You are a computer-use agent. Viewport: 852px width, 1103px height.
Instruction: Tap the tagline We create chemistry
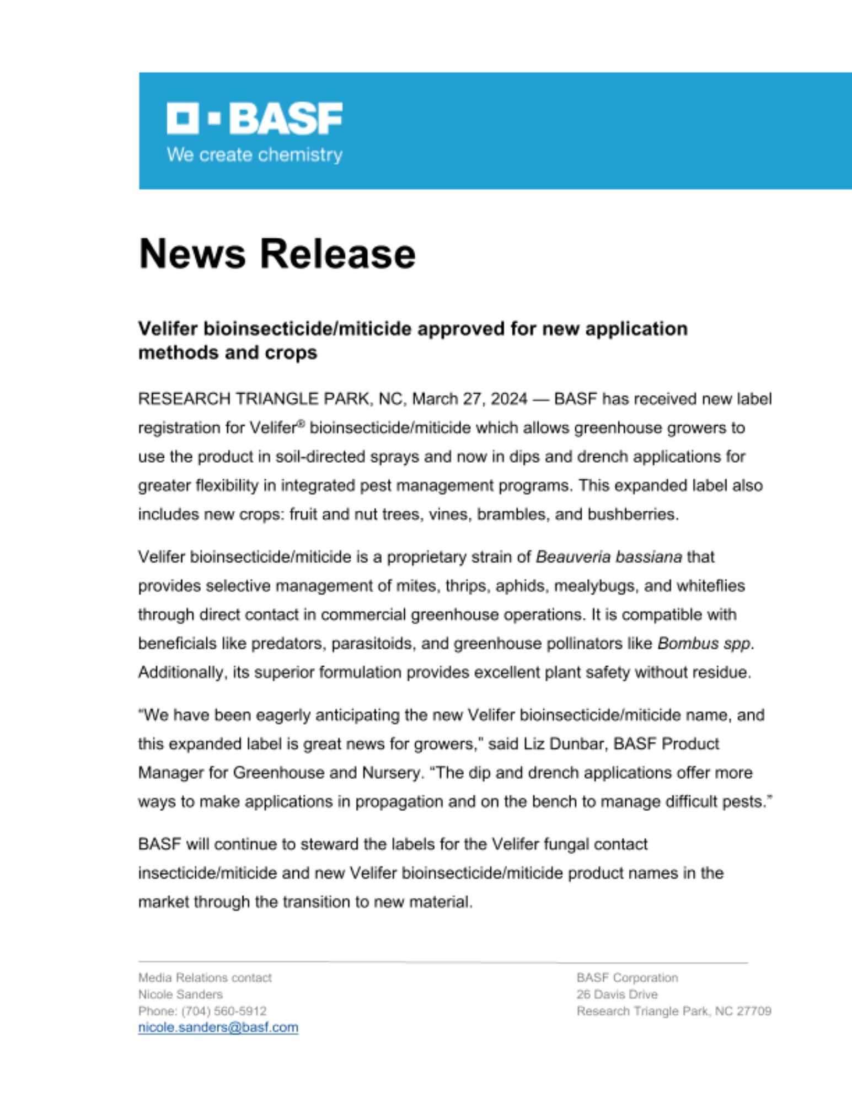click(254, 155)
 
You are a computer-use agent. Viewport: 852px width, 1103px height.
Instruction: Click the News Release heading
click(277, 254)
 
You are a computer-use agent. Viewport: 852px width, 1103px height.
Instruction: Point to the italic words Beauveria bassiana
click(609, 557)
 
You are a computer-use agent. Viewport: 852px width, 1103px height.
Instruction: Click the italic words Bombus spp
click(704, 644)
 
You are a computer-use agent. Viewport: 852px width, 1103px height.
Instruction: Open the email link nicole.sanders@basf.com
click(218, 1027)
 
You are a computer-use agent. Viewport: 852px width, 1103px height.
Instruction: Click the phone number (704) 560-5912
click(224, 1011)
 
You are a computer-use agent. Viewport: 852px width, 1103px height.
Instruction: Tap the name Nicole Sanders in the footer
click(180, 994)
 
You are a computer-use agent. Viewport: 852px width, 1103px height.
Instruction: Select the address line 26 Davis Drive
click(617, 994)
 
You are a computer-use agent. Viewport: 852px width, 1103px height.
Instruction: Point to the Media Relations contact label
click(205, 978)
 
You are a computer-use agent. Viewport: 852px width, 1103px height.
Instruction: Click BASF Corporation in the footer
click(627, 978)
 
